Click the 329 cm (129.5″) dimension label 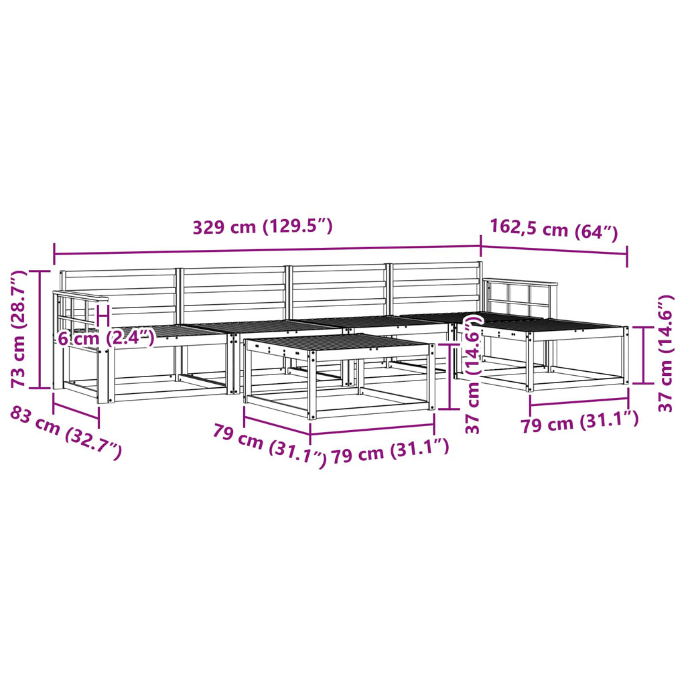point(263,226)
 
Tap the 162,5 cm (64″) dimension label point(554,229)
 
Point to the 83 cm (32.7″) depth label point(65,432)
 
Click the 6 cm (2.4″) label point(107,338)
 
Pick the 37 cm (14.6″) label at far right point(665,354)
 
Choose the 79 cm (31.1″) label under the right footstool point(579,421)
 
